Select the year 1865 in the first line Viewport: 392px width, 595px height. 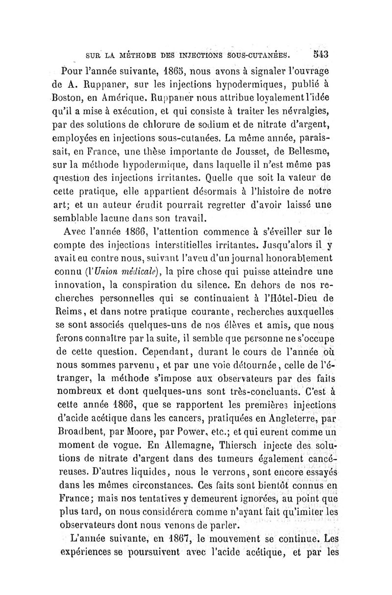(x=162, y=67)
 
